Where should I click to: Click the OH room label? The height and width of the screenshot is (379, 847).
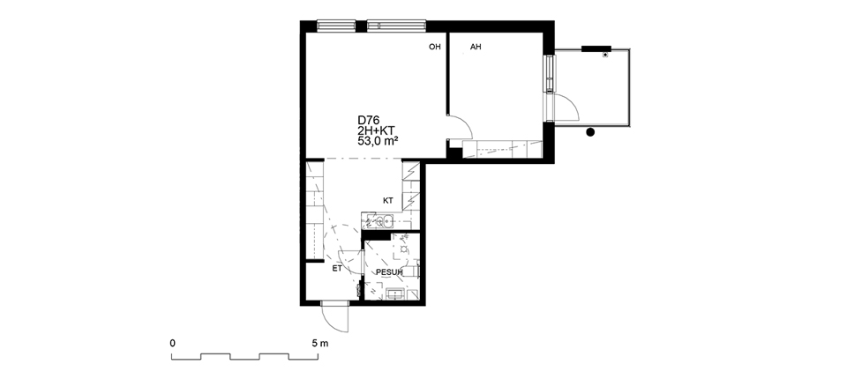tap(435, 47)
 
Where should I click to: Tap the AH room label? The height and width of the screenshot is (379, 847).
tap(476, 47)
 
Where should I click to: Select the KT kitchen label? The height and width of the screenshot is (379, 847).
tap(388, 201)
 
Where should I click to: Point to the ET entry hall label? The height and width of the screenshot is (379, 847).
tap(337, 268)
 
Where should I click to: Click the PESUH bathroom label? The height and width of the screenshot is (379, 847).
tap(389, 272)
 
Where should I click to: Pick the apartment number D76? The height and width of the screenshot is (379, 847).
tap(368, 121)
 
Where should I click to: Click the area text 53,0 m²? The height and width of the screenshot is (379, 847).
tap(379, 141)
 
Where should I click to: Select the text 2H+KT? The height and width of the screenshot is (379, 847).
tap(376, 130)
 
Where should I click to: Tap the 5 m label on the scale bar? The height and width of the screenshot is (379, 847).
tap(319, 343)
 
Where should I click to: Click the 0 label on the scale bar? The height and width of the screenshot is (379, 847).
tap(172, 343)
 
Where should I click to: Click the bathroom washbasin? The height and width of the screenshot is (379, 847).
tap(396, 294)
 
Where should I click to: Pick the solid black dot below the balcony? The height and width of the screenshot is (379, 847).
tap(590, 131)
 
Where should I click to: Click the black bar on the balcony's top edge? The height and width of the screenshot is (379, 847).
tap(596, 48)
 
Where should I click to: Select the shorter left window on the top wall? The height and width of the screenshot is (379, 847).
tap(336, 25)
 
